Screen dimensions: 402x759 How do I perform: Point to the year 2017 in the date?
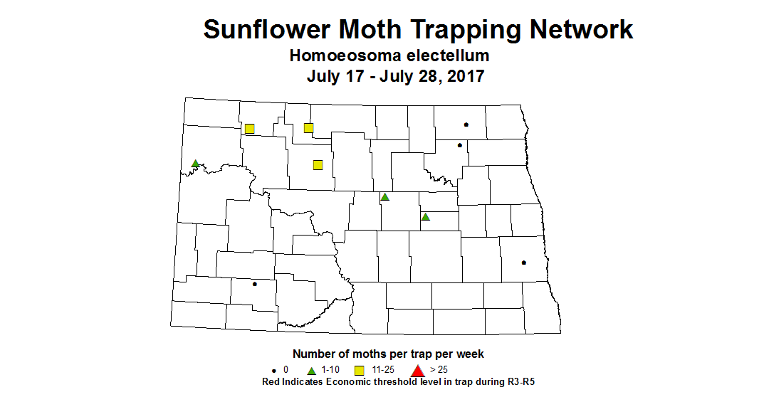point(463,76)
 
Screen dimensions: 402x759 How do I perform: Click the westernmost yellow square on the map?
point(250,129)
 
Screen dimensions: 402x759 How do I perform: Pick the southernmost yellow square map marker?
point(318,164)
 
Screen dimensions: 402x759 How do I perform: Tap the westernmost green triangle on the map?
point(195,164)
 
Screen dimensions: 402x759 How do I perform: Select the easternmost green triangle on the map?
point(426,217)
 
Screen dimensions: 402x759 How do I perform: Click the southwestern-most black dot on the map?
point(254,284)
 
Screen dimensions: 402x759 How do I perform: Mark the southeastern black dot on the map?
point(524,263)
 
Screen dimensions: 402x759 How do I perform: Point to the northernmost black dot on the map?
point(466,125)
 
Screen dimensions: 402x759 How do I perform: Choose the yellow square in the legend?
point(360,370)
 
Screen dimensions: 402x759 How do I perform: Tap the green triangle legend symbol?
point(311,371)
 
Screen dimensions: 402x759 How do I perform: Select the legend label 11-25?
point(383,370)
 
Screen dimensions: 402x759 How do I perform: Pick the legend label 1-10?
point(331,370)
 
